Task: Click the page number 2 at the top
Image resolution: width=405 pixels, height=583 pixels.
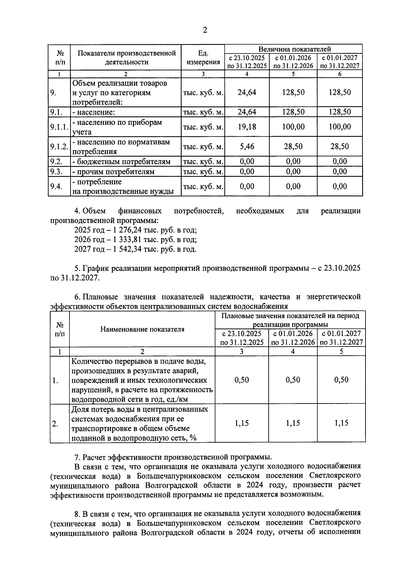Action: (x=205, y=30)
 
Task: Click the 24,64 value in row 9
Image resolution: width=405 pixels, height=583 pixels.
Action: (x=247, y=92)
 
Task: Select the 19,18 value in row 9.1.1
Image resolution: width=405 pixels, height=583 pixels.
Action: (x=247, y=127)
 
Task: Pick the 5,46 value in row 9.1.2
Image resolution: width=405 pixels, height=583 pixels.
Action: (x=247, y=146)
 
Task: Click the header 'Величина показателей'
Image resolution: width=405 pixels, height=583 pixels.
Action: (x=294, y=49)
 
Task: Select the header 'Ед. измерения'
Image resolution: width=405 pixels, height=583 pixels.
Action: (x=203, y=57)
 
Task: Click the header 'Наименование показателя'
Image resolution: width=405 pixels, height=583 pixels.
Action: (x=142, y=329)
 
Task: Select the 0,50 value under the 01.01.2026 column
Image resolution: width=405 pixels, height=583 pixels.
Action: (x=293, y=380)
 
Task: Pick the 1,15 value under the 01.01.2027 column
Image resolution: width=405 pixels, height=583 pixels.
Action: (x=341, y=423)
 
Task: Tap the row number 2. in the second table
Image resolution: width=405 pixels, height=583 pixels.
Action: (x=55, y=424)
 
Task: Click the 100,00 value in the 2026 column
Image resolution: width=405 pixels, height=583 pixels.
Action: (x=293, y=127)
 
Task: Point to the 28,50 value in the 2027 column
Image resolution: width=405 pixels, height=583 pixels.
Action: (x=340, y=146)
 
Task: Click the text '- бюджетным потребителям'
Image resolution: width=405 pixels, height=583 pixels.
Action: (x=121, y=162)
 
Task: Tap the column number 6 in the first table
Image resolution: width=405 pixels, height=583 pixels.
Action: (x=340, y=74)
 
